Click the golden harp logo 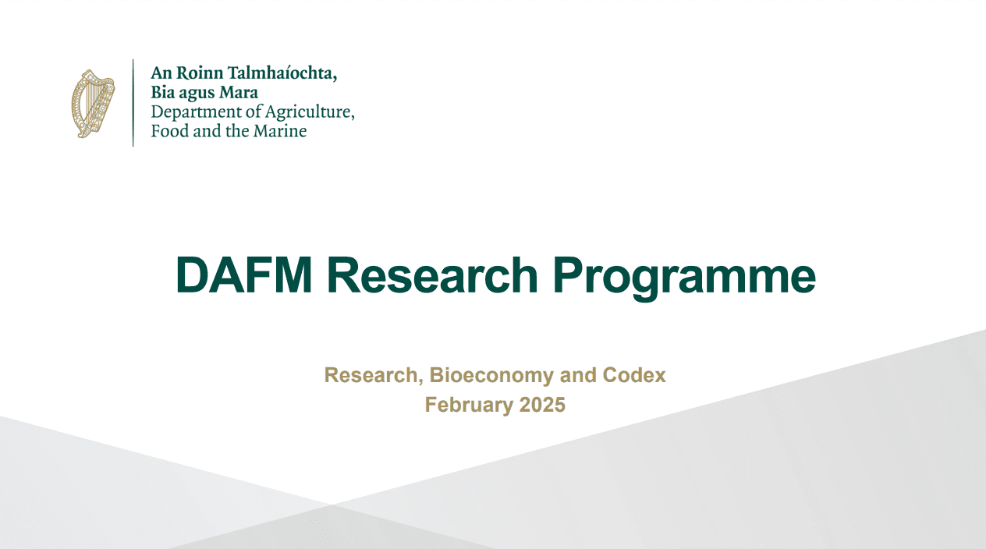[x=93, y=104]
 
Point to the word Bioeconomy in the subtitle [x=490, y=375]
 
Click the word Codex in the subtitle [x=634, y=375]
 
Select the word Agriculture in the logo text [x=310, y=113]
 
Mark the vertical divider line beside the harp [x=133, y=102]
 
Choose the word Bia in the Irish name [x=163, y=94]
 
